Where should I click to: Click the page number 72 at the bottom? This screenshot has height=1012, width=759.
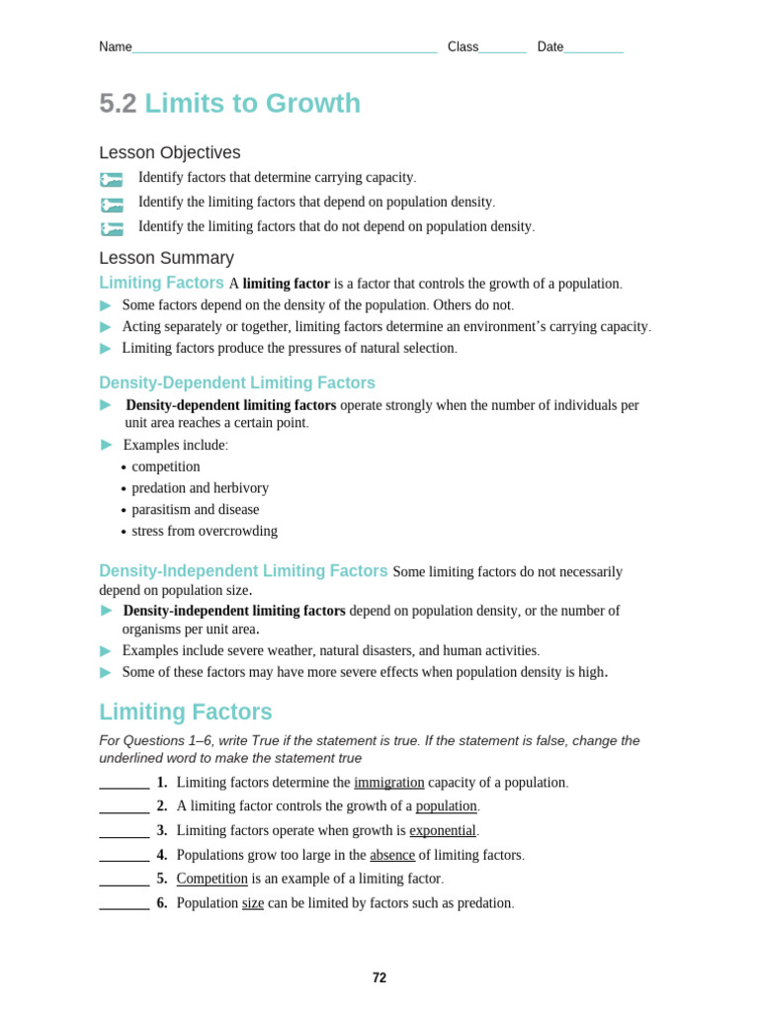379,977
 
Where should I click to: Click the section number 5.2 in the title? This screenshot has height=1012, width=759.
118,104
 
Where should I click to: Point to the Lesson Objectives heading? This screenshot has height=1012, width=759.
169,153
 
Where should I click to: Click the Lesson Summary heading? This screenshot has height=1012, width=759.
166,258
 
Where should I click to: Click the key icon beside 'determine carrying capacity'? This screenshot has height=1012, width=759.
111,179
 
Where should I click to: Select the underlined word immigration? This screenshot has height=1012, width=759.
388,782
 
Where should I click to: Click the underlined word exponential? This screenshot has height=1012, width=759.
443,830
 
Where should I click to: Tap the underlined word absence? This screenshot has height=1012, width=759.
392,855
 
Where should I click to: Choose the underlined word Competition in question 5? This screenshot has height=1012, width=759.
211,879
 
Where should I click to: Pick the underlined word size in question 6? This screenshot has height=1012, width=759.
253,902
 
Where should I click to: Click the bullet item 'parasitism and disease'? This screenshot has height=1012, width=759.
195,510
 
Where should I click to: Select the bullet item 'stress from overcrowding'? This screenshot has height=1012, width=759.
205,532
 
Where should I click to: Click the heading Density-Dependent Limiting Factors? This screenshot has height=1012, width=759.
237,383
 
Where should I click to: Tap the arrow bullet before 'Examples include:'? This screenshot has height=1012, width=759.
107,445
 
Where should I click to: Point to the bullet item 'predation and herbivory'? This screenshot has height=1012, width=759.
200,488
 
